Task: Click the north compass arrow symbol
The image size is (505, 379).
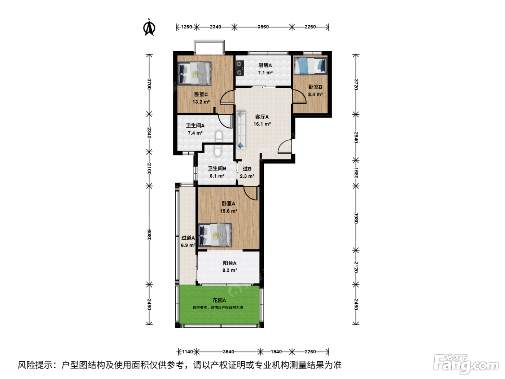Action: tap(149, 28)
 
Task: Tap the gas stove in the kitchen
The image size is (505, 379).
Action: tap(240, 68)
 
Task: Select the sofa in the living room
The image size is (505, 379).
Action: tap(241, 130)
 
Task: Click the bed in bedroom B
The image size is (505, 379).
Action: tap(310, 66)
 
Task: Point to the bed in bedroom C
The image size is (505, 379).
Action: tap(194, 73)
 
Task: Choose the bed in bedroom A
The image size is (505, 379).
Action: tap(215, 235)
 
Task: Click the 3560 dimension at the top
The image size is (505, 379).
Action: tap(263, 27)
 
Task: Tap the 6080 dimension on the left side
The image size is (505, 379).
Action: tap(149, 235)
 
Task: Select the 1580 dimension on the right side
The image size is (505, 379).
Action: tap(356, 173)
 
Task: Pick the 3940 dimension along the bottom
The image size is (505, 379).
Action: tap(228, 352)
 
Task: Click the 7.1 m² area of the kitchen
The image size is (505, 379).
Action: tap(265, 73)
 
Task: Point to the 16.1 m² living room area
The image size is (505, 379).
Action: tap(262, 124)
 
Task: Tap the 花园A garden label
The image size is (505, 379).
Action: tap(219, 300)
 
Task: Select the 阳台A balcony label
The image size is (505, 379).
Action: tap(229, 263)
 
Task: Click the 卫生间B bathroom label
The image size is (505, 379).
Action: tap(217, 169)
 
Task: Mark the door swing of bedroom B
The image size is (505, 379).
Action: tap(299, 96)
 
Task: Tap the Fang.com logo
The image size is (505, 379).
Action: tap(466, 364)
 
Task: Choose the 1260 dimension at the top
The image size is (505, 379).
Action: tap(186, 27)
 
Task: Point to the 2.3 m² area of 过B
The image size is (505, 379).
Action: tap(247, 176)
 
